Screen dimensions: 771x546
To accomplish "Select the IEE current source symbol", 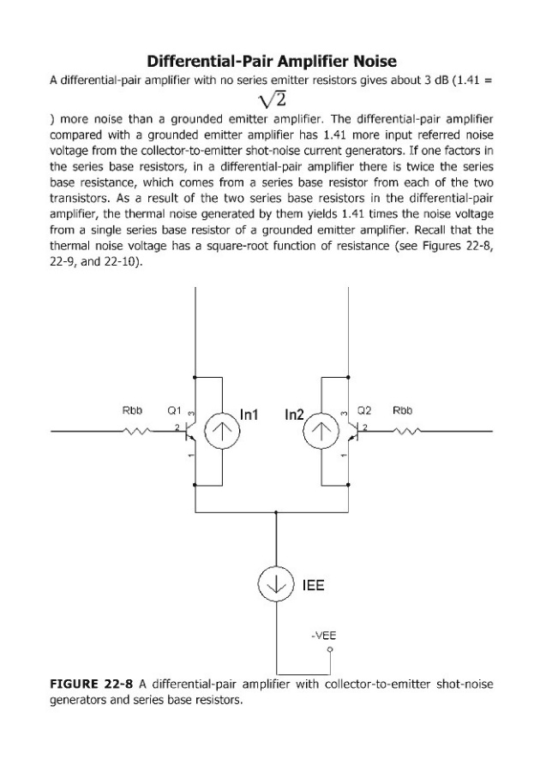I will point(275,589).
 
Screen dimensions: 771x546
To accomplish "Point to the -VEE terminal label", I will point(324,636).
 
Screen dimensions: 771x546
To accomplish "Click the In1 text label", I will point(250,415).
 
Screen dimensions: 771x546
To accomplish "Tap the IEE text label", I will point(313,588).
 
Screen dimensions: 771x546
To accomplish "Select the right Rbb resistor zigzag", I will point(404,431).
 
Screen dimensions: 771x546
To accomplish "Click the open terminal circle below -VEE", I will point(329,650).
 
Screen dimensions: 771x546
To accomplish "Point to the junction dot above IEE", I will point(275,512).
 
